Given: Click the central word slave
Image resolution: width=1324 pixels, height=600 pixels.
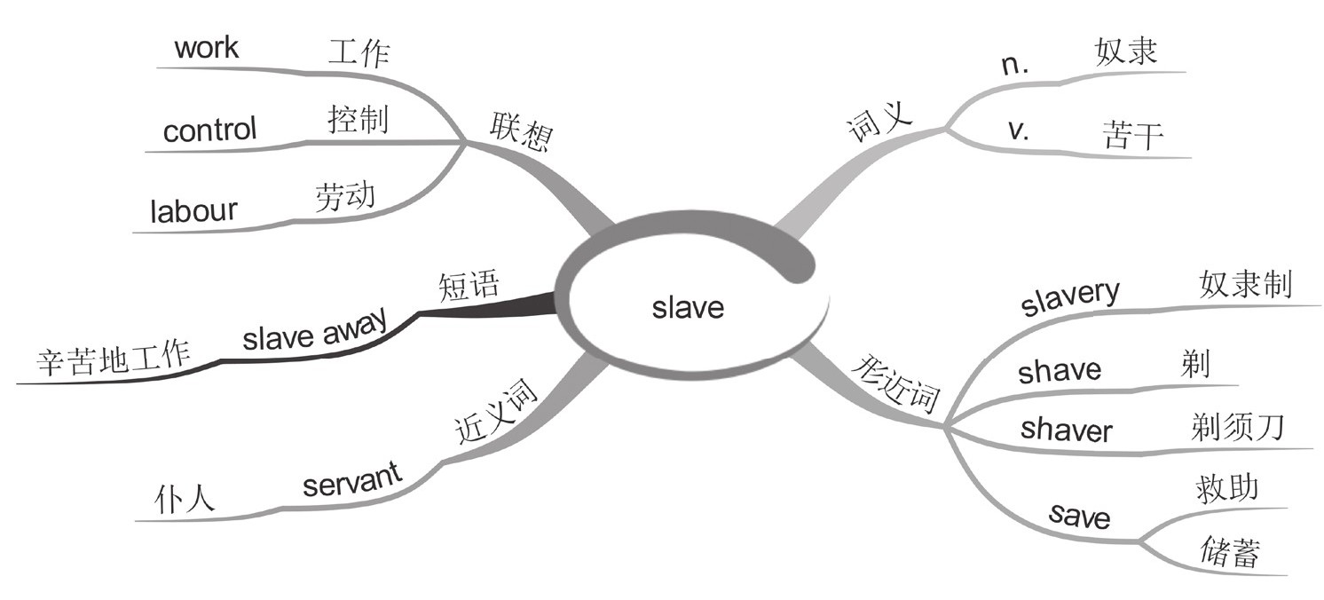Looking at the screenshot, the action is pyautogui.click(x=688, y=307).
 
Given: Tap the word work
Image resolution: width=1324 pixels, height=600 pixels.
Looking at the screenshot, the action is pyautogui.click(x=206, y=47).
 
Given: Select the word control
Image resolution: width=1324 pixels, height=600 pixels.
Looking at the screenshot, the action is pyautogui.click(x=209, y=130).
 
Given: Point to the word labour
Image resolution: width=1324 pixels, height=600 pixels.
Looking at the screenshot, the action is pyautogui.click(x=193, y=211).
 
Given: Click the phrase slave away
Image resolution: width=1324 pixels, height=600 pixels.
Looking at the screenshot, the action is pyautogui.click(x=314, y=333).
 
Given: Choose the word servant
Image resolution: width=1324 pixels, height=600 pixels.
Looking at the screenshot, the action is pyautogui.click(x=352, y=483).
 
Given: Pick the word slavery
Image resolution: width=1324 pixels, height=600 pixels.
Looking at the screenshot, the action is pyautogui.click(x=1070, y=298).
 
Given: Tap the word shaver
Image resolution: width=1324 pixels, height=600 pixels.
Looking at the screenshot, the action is pyautogui.click(x=1066, y=430).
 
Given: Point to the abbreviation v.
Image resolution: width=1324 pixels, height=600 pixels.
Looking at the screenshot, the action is pyautogui.click(x=1018, y=130).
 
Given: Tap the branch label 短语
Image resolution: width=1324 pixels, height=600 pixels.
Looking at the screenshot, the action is pyautogui.click(x=469, y=286).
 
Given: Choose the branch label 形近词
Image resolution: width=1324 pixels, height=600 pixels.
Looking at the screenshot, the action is pyautogui.click(x=896, y=386).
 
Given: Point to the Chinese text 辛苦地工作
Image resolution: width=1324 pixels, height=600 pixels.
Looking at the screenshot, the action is pyautogui.click(x=114, y=359).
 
